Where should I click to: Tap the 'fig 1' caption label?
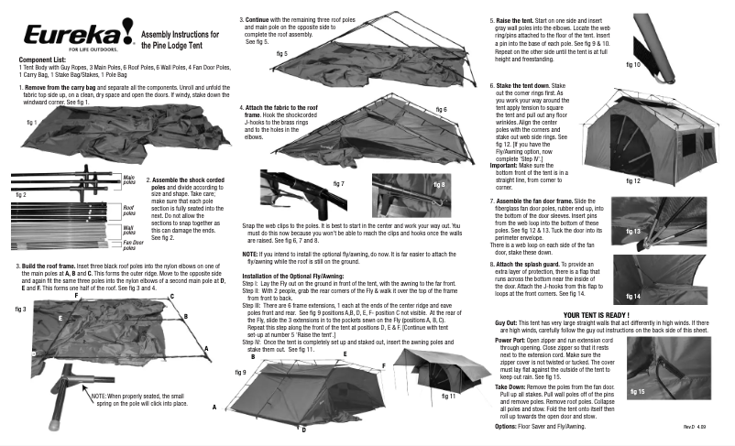(x=32, y=121)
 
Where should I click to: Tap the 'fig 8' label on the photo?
(x=437, y=184)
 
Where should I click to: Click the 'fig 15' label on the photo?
(x=637, y=391)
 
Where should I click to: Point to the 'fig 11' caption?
(x=448, y=396)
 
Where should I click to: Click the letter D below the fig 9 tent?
(x=303, y=429)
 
